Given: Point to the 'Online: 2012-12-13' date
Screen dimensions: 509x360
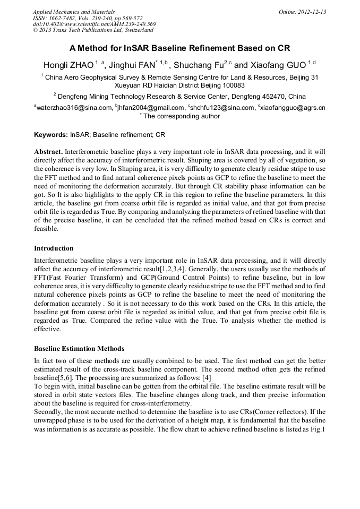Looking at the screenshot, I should point(303,11).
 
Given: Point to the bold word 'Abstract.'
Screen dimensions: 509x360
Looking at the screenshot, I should point(48,151).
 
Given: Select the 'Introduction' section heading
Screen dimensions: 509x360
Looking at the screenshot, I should point(54,248).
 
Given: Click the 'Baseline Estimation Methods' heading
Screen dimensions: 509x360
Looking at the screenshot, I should point(79,349).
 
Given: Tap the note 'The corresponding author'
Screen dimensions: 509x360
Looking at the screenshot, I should point(181,116).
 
